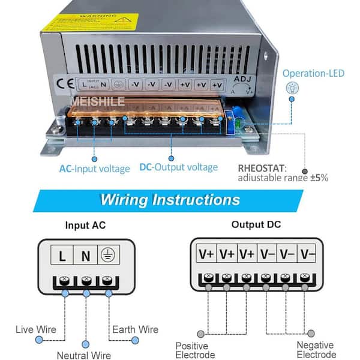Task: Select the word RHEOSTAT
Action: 262,168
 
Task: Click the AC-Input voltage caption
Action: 94,169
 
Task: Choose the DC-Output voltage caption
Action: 178,167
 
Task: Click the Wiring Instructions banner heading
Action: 170,199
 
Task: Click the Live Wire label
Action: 37,329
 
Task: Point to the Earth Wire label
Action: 136,329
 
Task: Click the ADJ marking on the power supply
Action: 240,78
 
